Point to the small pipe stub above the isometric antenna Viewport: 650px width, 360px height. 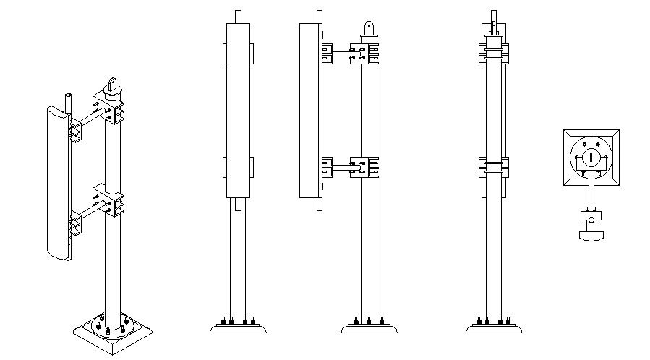tap(67, 101)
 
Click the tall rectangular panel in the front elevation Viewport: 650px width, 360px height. tap(239, 108)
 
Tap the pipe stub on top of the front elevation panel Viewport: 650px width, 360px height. tap(239, 15)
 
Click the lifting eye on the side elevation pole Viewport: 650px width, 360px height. tap(369, 27)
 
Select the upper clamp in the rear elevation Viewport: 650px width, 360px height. tap(493, 53)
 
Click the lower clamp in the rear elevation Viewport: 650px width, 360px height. tap(493, 167)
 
